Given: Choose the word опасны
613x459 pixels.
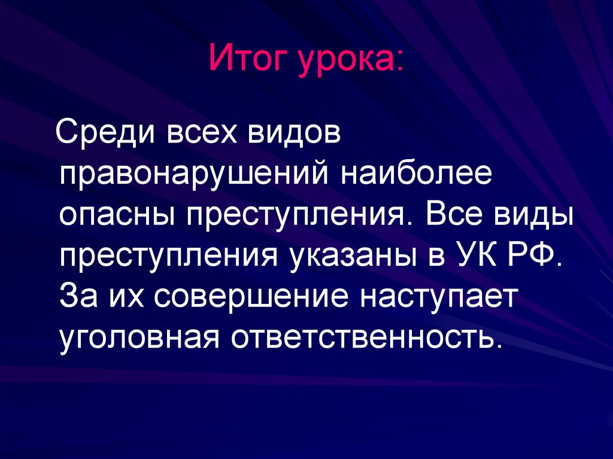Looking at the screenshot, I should tap(117, 214).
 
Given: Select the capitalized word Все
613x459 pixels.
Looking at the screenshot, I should tap(459, 214).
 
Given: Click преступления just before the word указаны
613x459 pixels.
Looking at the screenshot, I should tap(171, 256).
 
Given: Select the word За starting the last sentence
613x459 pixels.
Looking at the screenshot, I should tap(78, 297).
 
